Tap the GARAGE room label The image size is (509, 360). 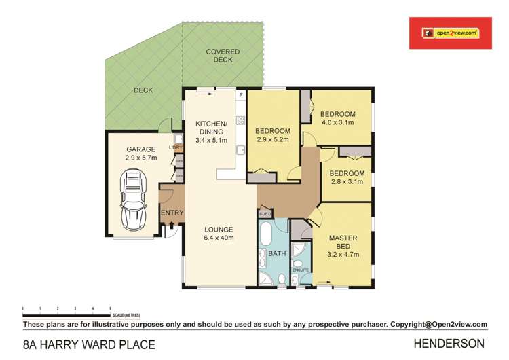[140, 149]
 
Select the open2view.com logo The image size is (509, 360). [450, 33]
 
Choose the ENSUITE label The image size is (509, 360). [299, 270]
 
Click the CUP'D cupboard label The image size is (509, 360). [265, 213]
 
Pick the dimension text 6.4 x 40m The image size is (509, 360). [219, 238]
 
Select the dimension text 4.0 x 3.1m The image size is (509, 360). [337, 122]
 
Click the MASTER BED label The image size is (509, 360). [343, 238]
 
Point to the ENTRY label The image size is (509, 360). [172, 213]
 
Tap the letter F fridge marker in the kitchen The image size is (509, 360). [240, 96]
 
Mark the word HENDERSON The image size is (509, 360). [458, 343]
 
